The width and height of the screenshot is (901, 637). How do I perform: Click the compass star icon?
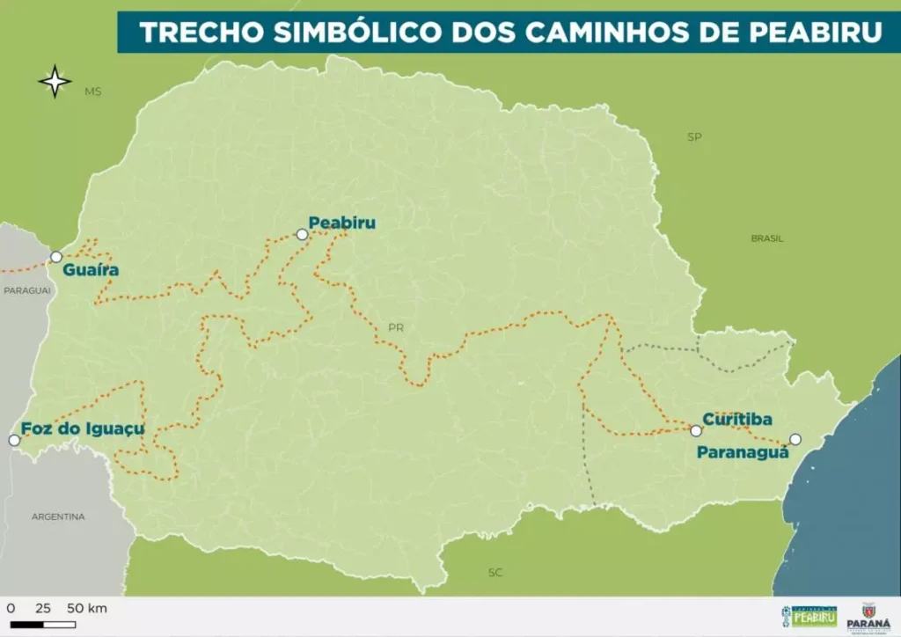tap(55, 82)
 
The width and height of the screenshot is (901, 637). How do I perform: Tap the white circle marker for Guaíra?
tap(56, 257)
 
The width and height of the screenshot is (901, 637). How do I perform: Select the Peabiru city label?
tap(341, 223)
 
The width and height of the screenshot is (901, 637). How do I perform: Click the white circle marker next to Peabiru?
tap(302, 234)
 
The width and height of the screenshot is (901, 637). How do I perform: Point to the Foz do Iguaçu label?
tap(83, 428)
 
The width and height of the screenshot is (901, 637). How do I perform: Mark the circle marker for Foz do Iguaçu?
tap(13, 440)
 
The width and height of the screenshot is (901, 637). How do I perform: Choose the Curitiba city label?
tap(737, 419)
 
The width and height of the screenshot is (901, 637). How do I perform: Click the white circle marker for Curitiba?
tap(696, 431)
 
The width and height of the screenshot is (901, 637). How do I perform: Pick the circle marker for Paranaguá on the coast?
tap(795, 439)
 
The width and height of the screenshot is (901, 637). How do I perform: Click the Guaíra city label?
tap(91, 270)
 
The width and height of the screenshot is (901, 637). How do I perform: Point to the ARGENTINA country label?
tap(58, 516)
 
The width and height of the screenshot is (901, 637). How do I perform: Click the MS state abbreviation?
tap(92, 92)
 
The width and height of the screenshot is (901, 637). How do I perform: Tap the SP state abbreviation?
tap(694, 137)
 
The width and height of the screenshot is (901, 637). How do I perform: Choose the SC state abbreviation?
tap(495, 573)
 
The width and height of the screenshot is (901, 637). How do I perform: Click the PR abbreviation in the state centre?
tap(396, 328)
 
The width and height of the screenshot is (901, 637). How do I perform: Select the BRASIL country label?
tap(767, 238)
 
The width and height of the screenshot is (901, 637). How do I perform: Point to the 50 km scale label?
tap(86, 609)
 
